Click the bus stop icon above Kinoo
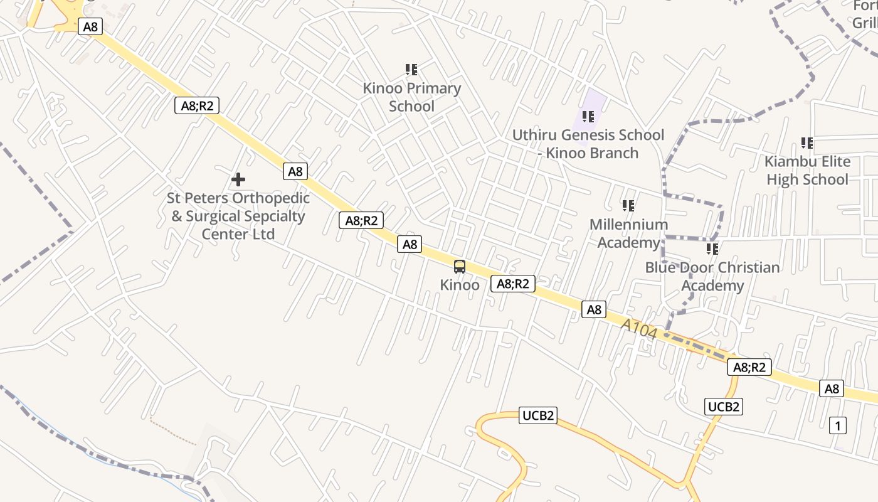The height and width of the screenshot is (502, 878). click(460, 267)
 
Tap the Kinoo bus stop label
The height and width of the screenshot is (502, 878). click(460, 285)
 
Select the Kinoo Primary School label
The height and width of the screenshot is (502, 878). click(411, 97)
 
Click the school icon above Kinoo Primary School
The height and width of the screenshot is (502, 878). click(411, 70)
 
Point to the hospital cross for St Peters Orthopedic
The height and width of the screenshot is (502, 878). click(238, 180)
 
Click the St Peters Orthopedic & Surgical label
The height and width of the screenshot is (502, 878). click(238, 216)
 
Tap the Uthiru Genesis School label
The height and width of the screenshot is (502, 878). click(588, 144)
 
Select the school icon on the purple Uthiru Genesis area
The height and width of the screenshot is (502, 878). click(588, 117)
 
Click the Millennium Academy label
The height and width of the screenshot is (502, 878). click(628, 233)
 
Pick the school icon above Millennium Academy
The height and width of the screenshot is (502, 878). click(628, 206)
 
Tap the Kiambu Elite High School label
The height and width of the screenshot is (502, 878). click(807, 171)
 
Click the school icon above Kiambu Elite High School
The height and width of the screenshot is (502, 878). click(807, 143)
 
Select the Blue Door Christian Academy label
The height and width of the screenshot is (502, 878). click(712, 276)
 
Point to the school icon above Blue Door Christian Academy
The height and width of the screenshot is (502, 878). click(712, 249)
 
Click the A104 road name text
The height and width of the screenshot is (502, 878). click(640, 329)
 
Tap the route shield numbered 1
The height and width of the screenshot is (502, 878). click(838, 425)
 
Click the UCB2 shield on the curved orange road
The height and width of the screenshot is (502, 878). click(538, 415)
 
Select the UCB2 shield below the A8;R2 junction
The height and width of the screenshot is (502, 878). click(724, 407)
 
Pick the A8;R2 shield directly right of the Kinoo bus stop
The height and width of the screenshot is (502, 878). click(513, 284)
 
